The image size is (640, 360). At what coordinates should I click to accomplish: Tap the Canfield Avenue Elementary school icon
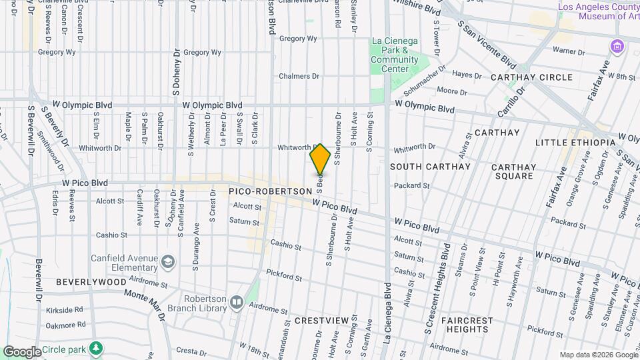tap(167, 259)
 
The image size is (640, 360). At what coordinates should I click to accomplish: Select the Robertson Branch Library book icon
tap(236, 304)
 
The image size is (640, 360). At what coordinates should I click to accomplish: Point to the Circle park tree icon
tap(96, 348)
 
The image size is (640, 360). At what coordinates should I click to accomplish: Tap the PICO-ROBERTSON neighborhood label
tap(270, 191)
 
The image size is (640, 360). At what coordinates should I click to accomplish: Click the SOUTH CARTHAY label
tap(430, 166)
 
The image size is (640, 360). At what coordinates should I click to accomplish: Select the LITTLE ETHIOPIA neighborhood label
tap(575, 143)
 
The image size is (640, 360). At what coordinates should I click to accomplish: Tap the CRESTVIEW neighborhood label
tap(322, 321)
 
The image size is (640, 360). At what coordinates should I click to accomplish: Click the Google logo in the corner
tap(22, 351)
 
